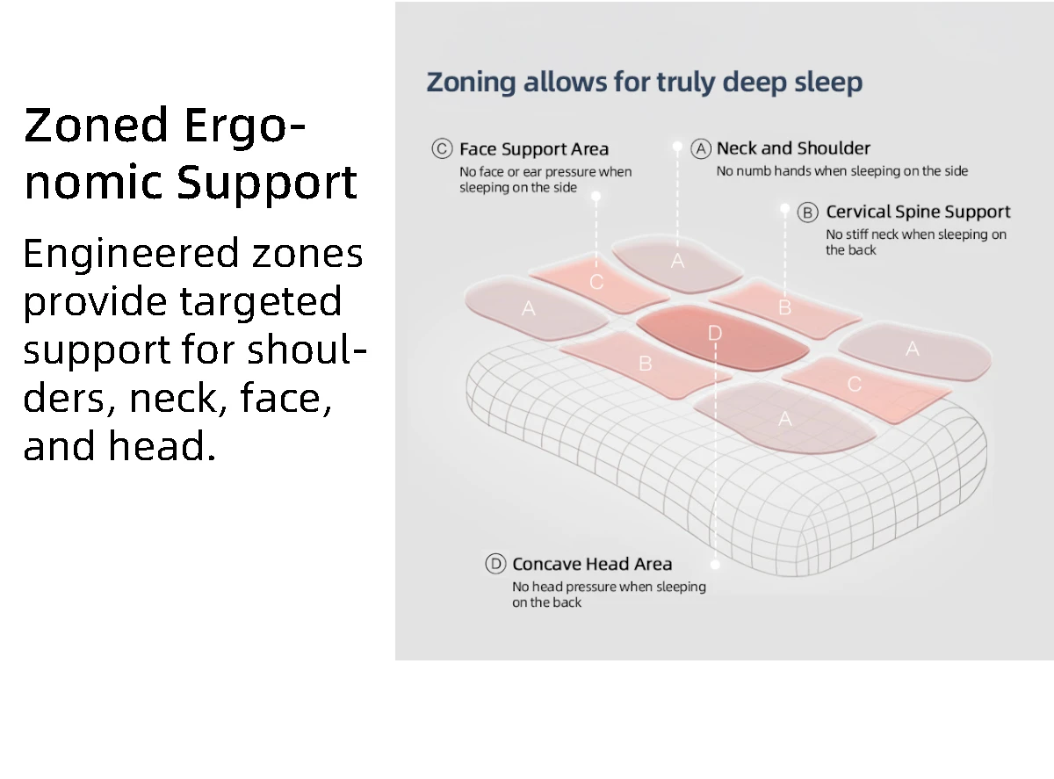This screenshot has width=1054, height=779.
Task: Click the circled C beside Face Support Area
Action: click(442, 148)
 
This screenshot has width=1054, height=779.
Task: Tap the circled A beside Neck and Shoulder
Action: click(701, 148)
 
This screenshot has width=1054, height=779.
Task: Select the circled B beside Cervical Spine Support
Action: click(807, 212)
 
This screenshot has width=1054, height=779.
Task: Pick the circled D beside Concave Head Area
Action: click(495, 564)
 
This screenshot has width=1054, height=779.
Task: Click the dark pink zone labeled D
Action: click(722, 337)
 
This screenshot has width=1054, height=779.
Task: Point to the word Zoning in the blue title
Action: click(471, 83)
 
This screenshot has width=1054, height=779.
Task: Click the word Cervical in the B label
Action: click(858, 212)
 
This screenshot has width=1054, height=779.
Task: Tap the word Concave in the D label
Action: click(546, 564)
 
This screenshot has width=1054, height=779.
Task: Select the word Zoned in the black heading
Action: click(96, 125)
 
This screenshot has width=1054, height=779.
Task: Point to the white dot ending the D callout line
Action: click(715, 565)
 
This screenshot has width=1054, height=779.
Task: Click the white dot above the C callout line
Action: click(596, 196)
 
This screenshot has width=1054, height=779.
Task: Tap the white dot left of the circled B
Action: click(784, 209)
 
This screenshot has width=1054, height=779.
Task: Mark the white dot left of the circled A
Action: click(678, 147)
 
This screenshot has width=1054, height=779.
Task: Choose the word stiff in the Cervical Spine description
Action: click(855, 234)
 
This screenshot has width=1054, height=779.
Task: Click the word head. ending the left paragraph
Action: click(162, 446)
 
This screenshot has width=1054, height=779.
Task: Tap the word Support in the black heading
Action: click(267, 183)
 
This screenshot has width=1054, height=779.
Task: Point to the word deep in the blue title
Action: click(754, 83)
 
